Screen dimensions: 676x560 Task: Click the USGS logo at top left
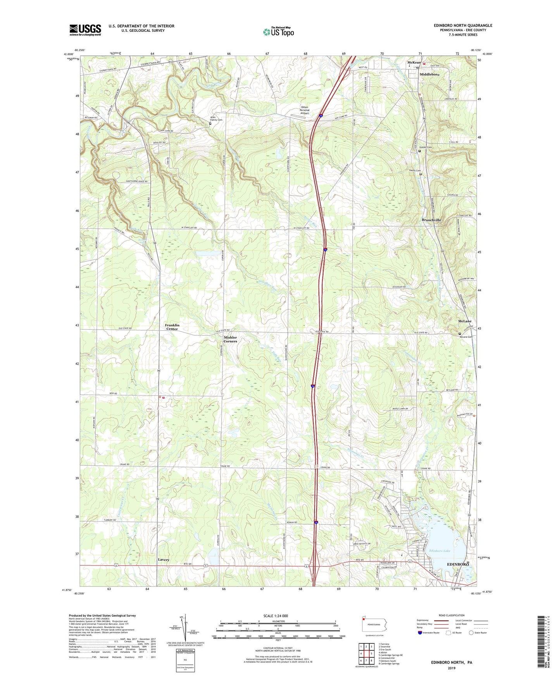click(85, 29)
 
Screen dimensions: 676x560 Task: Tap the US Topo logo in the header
click(278, 32)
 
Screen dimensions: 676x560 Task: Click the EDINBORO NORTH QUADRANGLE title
click(463, 26)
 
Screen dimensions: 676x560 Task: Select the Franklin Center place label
click(172, 327)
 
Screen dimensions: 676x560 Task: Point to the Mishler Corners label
click(230, 339)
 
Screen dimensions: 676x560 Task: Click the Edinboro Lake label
click(440, 551)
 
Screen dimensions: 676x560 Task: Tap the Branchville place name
click(431, 220)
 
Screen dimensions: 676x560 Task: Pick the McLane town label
click(465, 321)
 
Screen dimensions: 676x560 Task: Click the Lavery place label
click(164, 560)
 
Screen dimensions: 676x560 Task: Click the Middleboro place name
click(429, 74)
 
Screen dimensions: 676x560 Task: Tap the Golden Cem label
click(425, 148)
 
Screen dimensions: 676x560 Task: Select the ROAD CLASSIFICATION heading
click(451, 615)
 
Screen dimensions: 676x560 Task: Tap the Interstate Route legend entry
click(430, 633)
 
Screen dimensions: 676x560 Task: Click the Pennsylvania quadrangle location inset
click(374, 625)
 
